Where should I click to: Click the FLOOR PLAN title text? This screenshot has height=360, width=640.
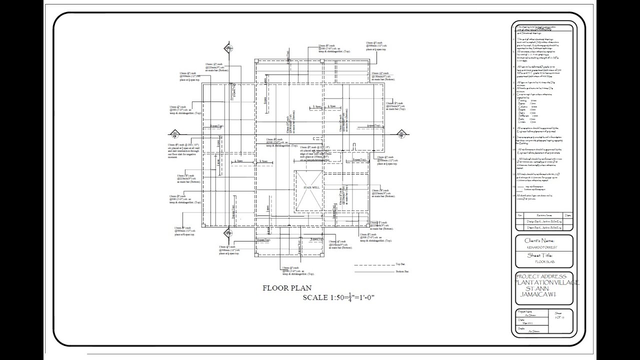tap(286, 288)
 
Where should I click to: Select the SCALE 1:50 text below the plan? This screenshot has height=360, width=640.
tap(338, 298)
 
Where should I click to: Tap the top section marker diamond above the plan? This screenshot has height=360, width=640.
tap(228, 49)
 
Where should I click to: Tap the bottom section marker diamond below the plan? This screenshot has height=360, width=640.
tap(228, 233)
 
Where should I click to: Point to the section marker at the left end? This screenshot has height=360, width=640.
tap(174, 133)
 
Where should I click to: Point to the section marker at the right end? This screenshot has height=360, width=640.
tap(401, 133)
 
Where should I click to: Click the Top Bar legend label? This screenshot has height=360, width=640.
tap(399, 263)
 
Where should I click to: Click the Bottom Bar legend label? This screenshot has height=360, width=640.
tap(402, 271)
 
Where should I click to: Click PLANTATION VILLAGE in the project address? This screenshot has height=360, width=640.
tap(547, 283)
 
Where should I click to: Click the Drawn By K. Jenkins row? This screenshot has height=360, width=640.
tap(543, 226)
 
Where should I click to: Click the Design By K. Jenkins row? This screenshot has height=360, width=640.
tap(543, 220)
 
